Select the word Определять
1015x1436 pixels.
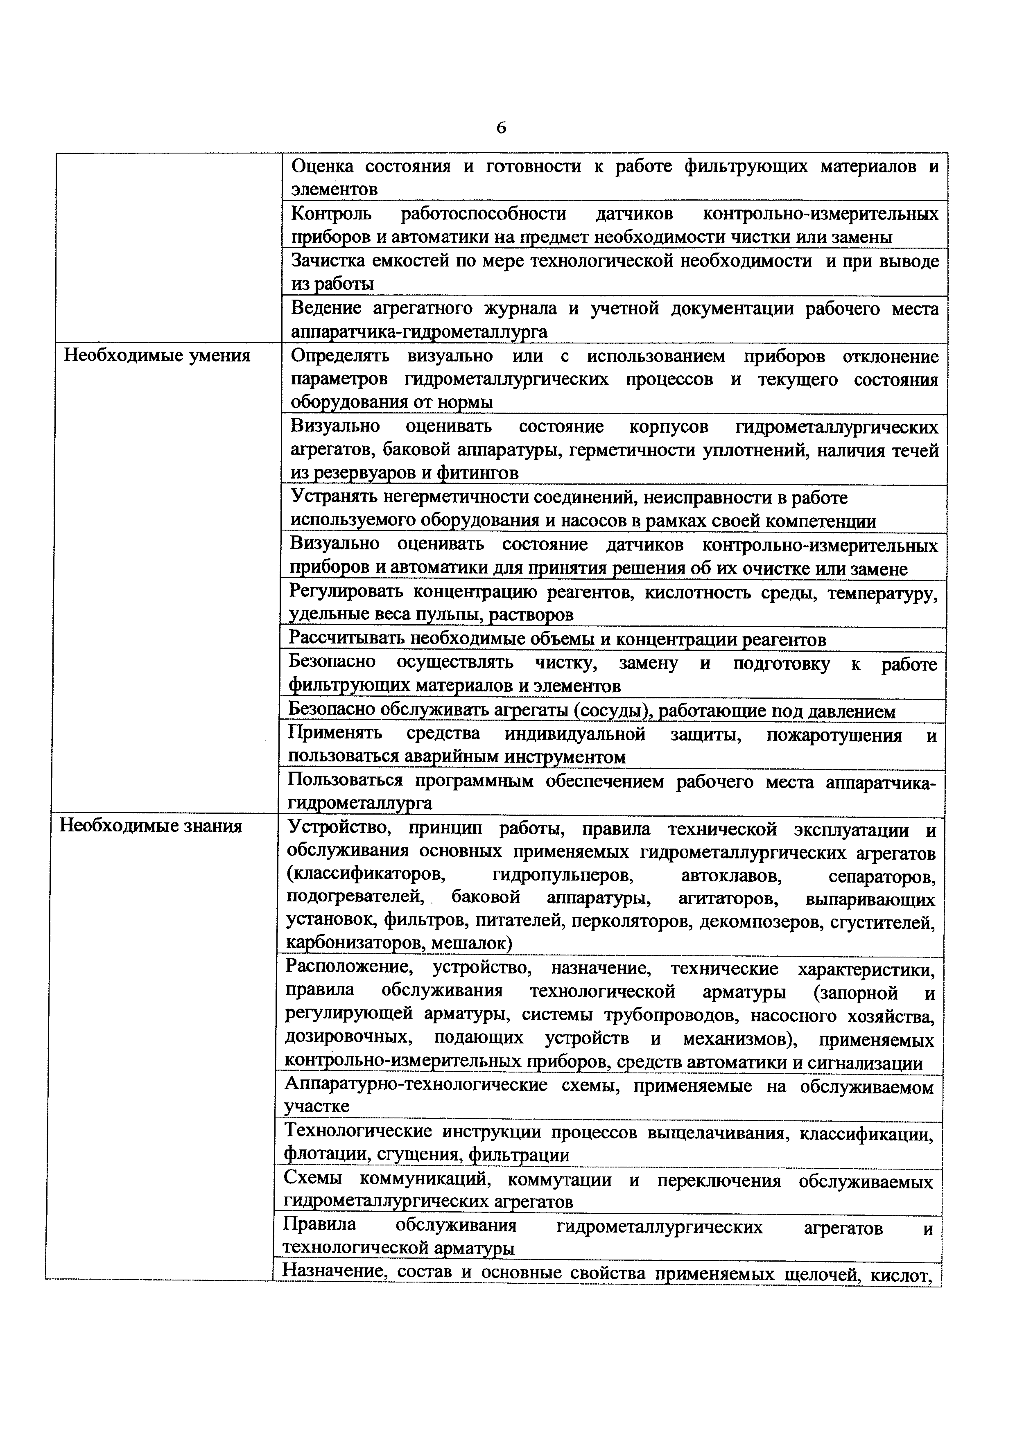tap(340, 357)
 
